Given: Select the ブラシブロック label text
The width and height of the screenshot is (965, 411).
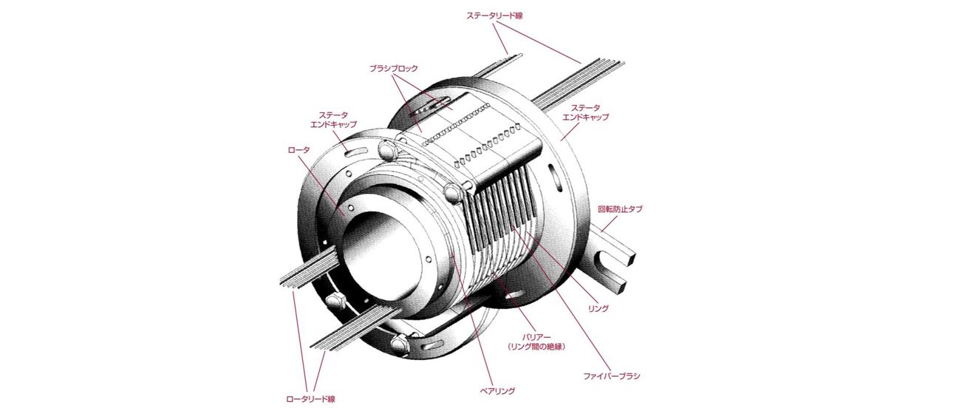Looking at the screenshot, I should pos(394,68).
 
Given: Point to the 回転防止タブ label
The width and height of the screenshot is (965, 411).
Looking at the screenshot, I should pos(619,209).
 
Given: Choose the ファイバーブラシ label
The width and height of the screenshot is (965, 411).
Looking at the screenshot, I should pos(607,376).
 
